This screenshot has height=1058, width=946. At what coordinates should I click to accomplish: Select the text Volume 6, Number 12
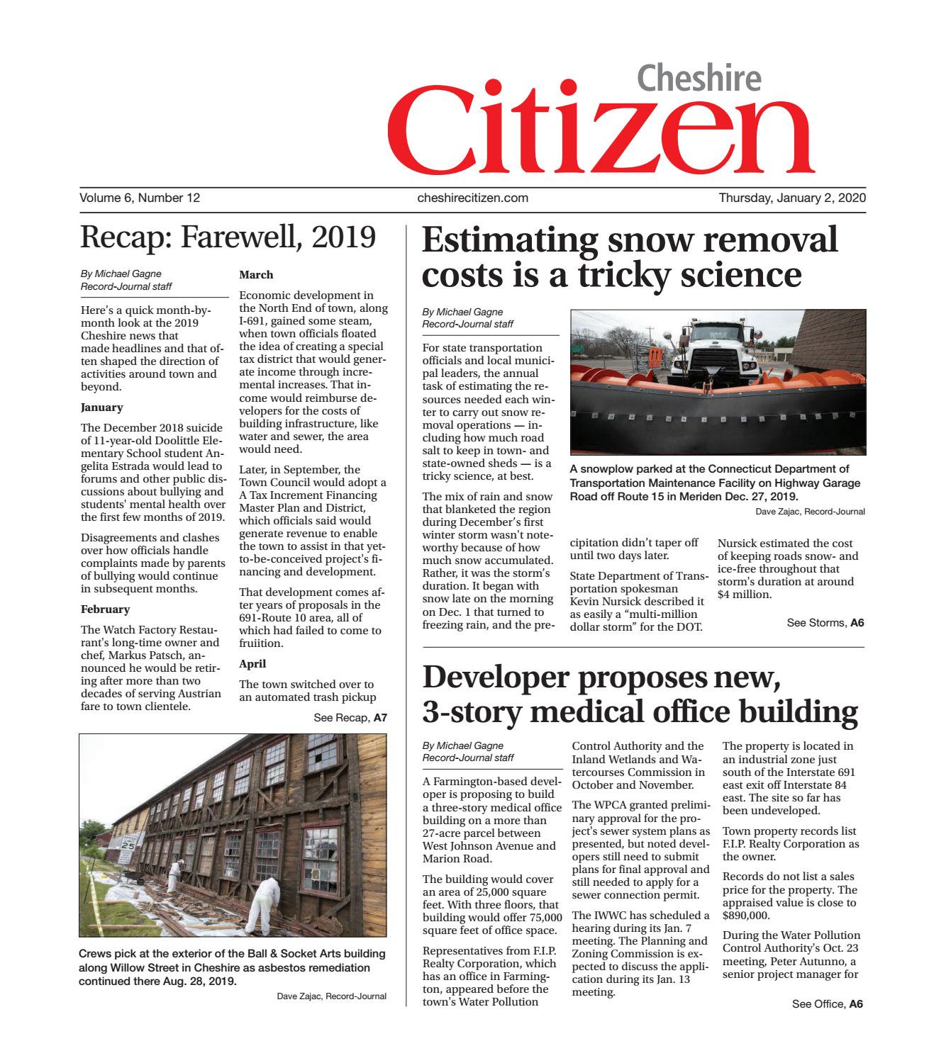[x=140, y=198]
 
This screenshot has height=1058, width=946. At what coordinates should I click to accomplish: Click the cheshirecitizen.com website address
[x=473, y=198]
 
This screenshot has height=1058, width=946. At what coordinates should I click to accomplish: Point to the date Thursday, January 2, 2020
[x=792, y=198]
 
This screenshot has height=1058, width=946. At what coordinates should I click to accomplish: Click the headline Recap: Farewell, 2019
[x=228, y=237]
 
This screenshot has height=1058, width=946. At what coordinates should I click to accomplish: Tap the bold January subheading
[x=102, y=407]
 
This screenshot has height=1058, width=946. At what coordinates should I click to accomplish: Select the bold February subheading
[x=105, y=609]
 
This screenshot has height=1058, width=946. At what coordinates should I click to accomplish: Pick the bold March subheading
[x=256, y=275]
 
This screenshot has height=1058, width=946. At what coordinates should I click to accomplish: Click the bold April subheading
[x=252, y=664]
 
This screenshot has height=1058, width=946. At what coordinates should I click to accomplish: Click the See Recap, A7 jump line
[x=350, y=718]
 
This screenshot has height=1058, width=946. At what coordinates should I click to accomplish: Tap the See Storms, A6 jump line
[x=825, y=623]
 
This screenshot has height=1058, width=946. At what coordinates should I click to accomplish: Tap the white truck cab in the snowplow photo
[x=710, y=354]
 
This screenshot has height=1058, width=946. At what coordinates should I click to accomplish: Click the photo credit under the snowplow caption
[x=810, y=511]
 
